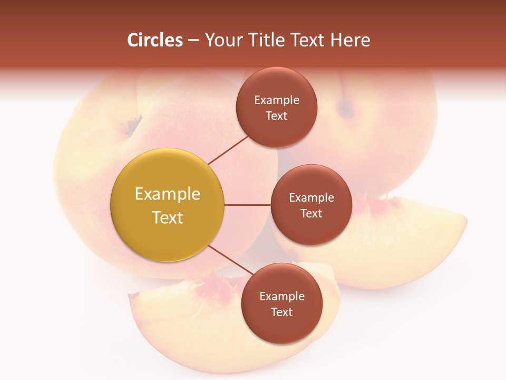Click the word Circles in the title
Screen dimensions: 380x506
pos(155,40)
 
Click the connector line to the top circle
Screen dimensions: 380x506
pos(228,150)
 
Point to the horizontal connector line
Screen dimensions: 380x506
pos(247,205)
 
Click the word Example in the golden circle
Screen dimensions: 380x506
pos(168,194)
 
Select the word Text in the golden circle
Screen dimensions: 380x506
pos(168,217)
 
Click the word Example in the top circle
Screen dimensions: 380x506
pos(277,100)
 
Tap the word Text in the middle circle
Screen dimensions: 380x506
pos(311,213)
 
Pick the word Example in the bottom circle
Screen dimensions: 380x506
pos(281,296)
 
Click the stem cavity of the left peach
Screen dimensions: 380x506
pos(132,126)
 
